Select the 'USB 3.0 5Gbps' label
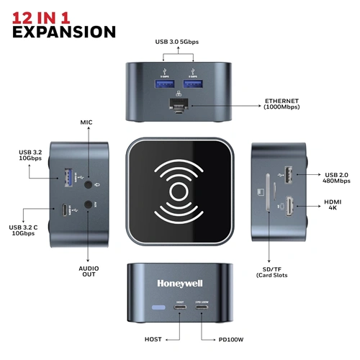[x=176, y=42]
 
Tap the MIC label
[x=88, y=123]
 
